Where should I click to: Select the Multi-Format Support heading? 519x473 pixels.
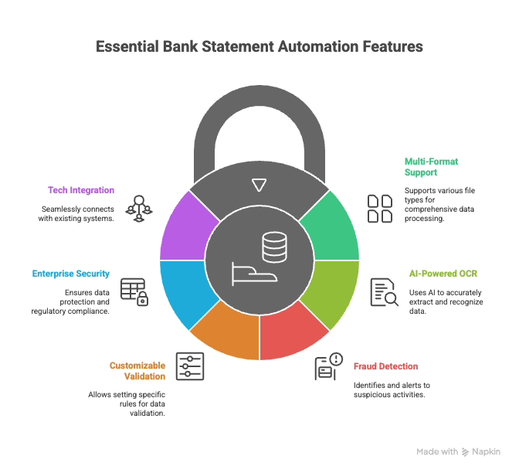(431, 168)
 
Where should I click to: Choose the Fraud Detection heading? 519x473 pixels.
(385, 366)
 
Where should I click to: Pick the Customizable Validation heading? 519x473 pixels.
(137, 370)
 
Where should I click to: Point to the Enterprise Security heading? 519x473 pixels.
(71, 274)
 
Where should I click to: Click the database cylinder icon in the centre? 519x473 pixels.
(273, 247)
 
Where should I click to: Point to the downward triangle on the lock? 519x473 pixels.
(259, 185)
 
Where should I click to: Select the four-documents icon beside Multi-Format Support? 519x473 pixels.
(379, 208)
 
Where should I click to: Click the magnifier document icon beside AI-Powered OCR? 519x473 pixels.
(383, 291)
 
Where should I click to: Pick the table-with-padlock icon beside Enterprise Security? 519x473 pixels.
(134, 291)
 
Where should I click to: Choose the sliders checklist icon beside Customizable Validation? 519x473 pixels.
(189, 366)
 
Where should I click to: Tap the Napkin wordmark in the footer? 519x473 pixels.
(486, 452)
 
